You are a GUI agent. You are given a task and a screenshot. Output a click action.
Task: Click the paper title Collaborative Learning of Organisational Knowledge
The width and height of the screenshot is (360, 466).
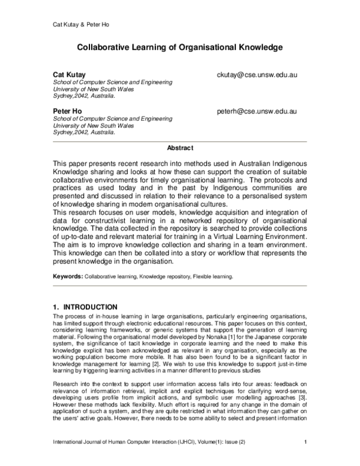click(179, 46)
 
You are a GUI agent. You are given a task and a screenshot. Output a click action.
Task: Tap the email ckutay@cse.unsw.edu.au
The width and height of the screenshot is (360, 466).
click(257, 75)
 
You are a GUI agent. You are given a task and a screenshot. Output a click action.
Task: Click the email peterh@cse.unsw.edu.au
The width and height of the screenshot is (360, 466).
click(257, 112)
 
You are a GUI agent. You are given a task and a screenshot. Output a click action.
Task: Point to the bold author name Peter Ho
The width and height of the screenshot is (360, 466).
click(68, 112)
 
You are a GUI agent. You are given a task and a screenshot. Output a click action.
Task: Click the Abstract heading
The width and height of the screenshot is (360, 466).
click(180, 148)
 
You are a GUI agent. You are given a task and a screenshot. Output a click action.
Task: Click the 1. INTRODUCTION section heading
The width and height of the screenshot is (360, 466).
click(85, 307)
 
